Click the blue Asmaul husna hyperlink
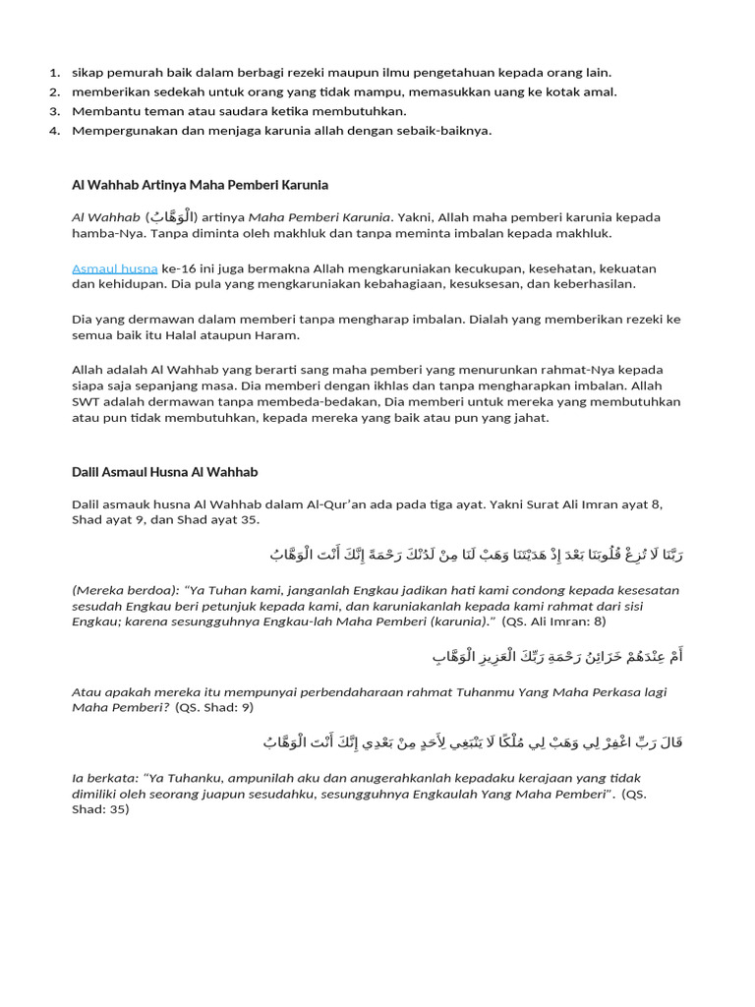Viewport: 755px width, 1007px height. click(x=114, y=268)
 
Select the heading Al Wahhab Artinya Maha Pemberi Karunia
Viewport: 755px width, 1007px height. click(x=200, y=185)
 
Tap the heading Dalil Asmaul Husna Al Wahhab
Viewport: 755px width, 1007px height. click(x=164, y=472)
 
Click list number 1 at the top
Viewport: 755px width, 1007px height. click(x=53, y=73)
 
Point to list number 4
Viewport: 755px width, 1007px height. click(x=53, y=131)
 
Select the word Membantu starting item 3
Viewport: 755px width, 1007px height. click(x=103, y=111)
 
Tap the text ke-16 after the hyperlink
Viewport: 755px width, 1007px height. click(x=177, y=268)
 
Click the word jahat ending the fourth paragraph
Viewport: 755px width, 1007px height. click(x=530, y=417)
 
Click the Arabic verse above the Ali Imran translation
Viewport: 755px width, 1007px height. click(x=476, y=556)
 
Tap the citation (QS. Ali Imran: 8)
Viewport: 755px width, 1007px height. click(x=553, y=622)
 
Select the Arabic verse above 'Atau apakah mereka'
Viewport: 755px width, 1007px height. click(x=556, y=656)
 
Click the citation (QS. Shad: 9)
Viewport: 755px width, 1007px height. click(x=214, y=707)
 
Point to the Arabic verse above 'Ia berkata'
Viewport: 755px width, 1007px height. click(x=472, y=741)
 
